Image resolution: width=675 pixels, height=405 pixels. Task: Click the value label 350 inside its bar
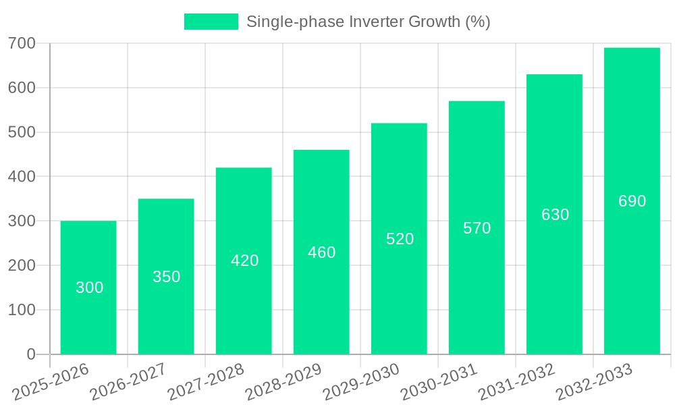pyautogui.click(x=166, y=277)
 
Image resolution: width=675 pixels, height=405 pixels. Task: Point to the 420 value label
pyautogui.click(x=244, y=261)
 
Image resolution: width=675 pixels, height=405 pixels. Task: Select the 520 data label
pyautogui.click(x=400, y=239)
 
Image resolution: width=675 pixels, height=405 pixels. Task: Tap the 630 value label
pyautogui.click(x=555, y=215)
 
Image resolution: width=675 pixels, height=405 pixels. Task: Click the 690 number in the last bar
pyautogui.click(x=632, y=201)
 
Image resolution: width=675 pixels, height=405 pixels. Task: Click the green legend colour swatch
pyautogui.click(x=211, y=22)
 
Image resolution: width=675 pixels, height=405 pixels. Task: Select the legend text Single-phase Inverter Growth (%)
pyautogui.click(x=368, y=22)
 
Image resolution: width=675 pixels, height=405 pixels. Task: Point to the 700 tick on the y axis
pyautogui.click(x=22, y=44)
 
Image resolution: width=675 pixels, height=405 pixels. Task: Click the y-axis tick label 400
pyautogui.click(x=22, y=177)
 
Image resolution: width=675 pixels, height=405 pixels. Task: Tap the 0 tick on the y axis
pyautogui.click(x=31, y=354)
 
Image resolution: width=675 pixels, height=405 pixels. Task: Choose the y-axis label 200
pyautogui.click(x=22, y=266)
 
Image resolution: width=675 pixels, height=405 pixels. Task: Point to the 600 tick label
pyautogui.click(x=22, y=88)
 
